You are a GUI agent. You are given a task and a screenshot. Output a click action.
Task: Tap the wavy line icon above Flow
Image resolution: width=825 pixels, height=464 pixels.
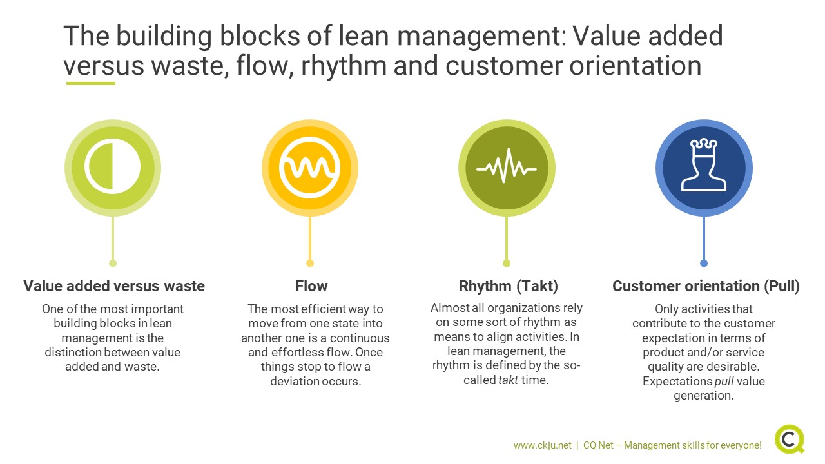(310, 168)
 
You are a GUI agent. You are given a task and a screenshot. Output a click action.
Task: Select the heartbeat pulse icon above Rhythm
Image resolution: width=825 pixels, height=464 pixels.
(507, 166)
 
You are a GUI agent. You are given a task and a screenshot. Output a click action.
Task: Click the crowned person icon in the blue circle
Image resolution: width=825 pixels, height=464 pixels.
(703, 165)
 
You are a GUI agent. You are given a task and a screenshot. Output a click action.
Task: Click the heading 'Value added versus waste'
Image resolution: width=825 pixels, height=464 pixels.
(114, 286)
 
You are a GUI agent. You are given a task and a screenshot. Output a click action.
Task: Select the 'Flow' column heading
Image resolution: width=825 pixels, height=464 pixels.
(311, 286)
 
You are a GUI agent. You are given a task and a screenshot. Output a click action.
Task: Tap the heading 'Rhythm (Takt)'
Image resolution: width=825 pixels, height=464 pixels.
(509, 286)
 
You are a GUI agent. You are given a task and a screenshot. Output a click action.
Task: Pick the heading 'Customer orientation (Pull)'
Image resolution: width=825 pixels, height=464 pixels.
(706, 286)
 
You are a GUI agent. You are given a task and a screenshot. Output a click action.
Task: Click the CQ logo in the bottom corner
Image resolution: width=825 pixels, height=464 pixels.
(790, 439)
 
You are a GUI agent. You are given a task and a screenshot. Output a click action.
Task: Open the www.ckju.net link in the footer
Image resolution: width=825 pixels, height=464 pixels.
(543, 445)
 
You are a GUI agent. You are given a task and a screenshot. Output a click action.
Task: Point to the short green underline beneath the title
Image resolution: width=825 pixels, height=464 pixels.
(91, 84)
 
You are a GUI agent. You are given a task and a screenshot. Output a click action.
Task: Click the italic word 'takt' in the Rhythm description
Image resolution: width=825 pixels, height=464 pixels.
(509, 380)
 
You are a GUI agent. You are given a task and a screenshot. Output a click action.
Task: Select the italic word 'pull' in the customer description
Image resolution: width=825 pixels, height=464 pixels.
(724, 381)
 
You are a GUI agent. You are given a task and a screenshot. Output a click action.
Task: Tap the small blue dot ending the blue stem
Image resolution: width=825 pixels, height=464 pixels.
(703, 263)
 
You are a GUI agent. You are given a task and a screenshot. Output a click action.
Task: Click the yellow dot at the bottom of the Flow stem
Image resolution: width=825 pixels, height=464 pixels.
(310, 263)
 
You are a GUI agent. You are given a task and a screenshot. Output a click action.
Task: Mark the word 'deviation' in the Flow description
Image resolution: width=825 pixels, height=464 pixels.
(293, 381)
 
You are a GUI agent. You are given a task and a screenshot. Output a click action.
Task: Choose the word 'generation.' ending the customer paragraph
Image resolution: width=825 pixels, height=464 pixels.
(704, 396)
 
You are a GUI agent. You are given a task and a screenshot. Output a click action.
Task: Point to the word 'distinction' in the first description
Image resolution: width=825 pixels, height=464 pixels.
(73, 353)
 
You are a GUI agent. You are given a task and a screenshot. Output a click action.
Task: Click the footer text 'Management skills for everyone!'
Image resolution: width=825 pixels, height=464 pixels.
(692, 445)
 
